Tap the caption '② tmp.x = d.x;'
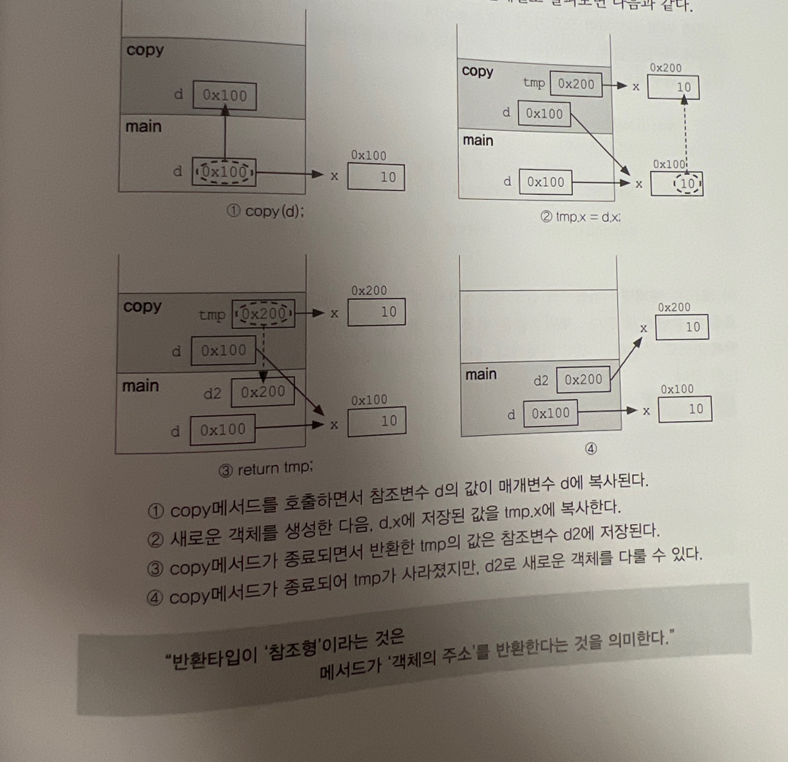580,217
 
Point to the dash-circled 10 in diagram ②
687,184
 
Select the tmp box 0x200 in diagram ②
576,84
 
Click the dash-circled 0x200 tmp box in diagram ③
263,315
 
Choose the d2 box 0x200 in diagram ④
583,380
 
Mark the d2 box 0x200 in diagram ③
263,392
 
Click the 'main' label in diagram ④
481,374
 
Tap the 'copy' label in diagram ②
477,72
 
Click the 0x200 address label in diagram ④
673,308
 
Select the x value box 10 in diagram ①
376,177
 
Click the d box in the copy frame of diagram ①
224,96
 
